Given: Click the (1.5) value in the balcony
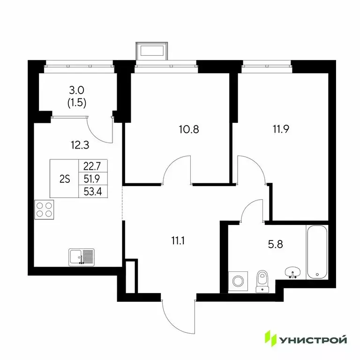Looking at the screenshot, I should pyautogui.click(x=76, y=103).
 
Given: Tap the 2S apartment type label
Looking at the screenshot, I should pyautogui.click(x=65, y=179).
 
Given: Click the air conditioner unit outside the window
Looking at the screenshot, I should pyautogui.click(x=151, y=50).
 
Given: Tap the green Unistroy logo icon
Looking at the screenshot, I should pyautogui.click(x=270, y=338).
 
